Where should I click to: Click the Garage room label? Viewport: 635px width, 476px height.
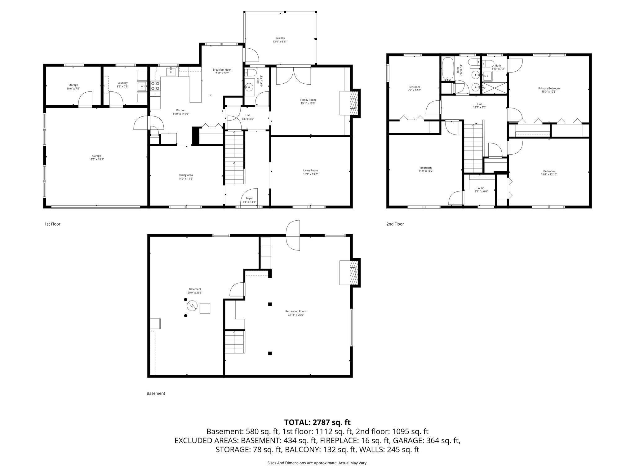click(x=96, y=156)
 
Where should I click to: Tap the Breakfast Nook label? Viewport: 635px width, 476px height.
click(x=222, y=70)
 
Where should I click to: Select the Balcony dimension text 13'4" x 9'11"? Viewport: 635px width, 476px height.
click(x=280, y=42)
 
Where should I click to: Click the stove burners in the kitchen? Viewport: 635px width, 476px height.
click(x=155, y=86)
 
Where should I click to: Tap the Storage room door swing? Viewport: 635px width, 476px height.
click(x=85, y=99)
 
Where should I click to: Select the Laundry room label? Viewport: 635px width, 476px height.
click(x=122, y=83)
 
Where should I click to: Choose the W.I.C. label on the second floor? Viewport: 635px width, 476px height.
click(x=481, y=188)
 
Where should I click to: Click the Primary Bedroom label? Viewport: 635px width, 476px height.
click(x=549, y=88)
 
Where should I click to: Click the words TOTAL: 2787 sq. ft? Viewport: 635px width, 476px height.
click(x=317, y=422)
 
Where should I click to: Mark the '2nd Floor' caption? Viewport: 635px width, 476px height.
click(x=395, y=224)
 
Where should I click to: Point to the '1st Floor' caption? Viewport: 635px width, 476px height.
click(x=52, y=224)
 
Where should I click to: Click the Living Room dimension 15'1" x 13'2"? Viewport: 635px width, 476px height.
click(x=310, y=174)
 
